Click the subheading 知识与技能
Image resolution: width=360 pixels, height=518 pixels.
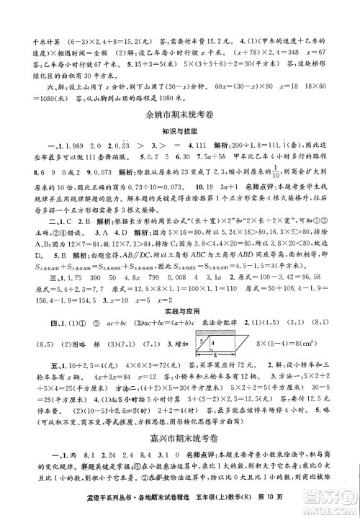click(181, 134)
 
